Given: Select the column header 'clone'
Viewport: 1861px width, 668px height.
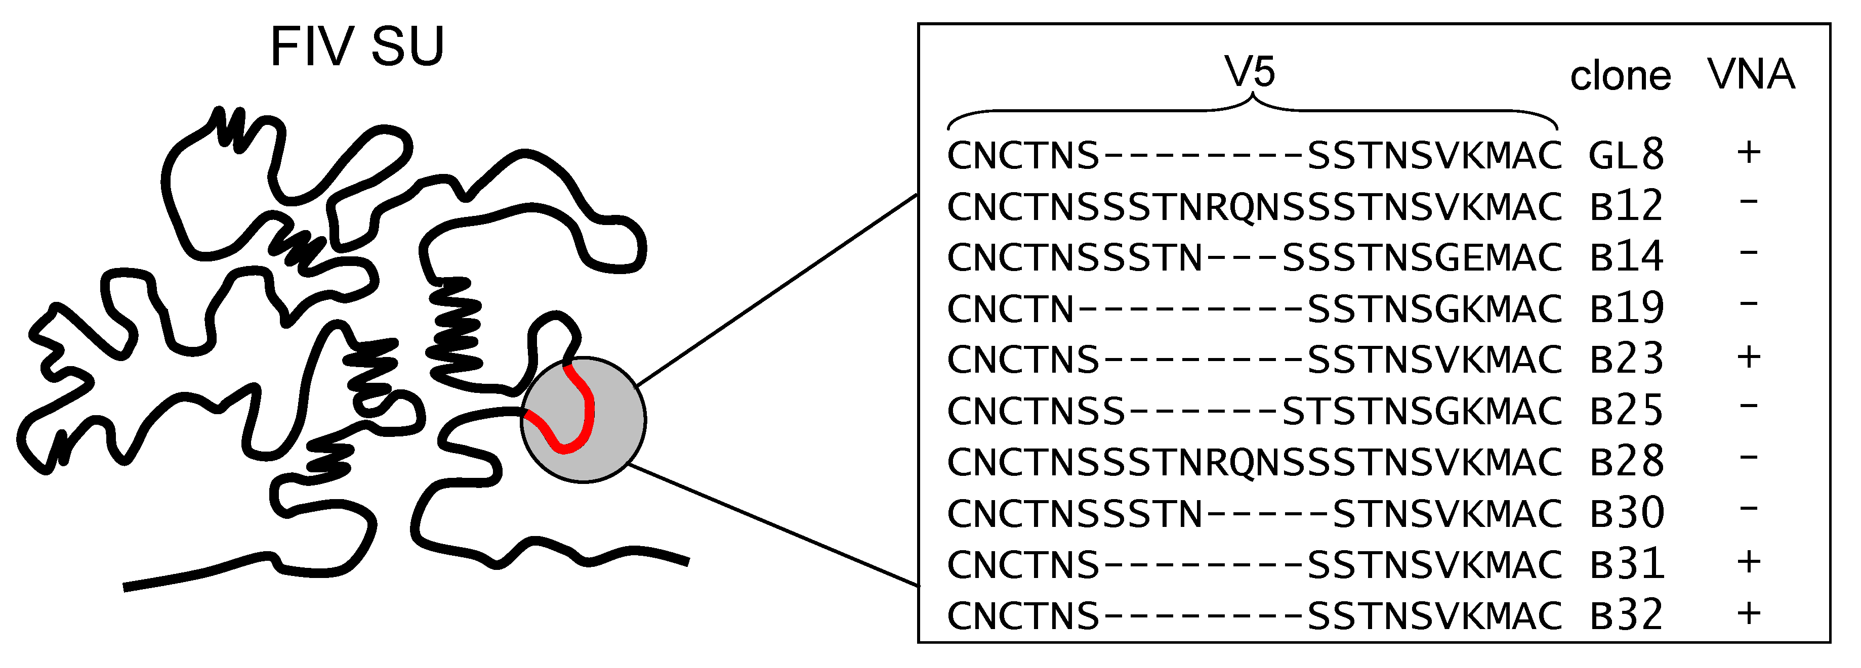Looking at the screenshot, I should click(x=1621, y=76).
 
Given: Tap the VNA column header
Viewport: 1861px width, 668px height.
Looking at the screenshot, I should click(x=1751, y=74).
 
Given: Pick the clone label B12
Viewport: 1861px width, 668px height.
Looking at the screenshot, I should click(x=1626, y=206).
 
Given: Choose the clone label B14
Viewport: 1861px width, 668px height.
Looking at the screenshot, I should click(x=1626, y=256).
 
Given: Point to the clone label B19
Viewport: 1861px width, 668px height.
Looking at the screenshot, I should click(x=1626, y=307).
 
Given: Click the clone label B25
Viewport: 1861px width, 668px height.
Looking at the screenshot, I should click(x=1626, y=410).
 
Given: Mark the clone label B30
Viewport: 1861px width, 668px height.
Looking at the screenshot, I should click(x=1626, y=513).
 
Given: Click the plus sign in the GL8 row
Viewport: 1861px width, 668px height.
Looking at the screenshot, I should click(x=1749, y=152).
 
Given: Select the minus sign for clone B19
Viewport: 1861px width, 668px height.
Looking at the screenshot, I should click(x=1749, y=303).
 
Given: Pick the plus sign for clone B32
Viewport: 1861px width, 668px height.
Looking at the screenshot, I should click(x=1749, y=613).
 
